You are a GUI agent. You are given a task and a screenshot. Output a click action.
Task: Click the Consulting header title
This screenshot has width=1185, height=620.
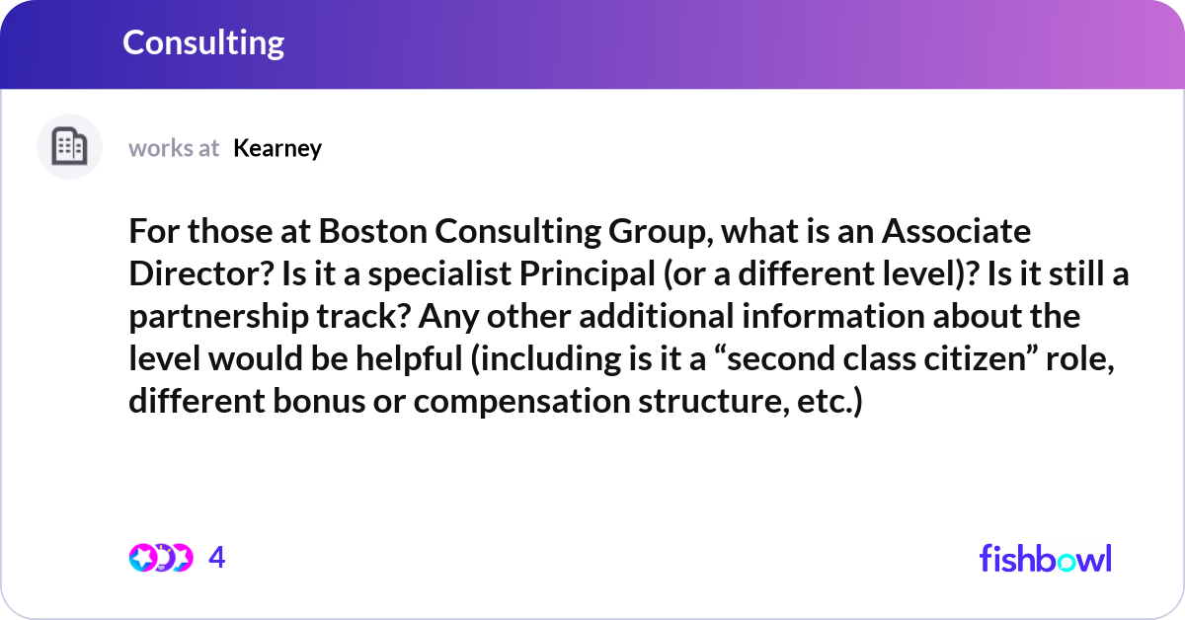[x=203, y=43]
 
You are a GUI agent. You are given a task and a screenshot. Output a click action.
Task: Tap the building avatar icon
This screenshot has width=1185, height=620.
[x=69, y=146]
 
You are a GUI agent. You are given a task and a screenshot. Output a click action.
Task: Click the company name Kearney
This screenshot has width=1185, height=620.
[x=277, y=149]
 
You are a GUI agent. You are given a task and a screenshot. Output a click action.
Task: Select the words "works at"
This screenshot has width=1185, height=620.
[x=174, y=149]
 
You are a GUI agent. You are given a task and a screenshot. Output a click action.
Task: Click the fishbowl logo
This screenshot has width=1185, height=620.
[x=1046, y=558]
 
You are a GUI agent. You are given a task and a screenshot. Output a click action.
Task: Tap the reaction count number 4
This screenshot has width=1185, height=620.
[x=217, y=557]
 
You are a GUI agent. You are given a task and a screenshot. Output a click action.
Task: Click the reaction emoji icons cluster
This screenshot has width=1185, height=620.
[x=161, y=558]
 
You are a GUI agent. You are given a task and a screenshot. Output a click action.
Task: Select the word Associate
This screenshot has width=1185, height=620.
[x=956, y=231]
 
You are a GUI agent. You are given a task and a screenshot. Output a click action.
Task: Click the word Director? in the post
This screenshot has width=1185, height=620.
[x=201, y=273]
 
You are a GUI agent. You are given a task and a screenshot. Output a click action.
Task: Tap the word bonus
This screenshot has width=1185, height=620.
[x=319, y=401]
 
